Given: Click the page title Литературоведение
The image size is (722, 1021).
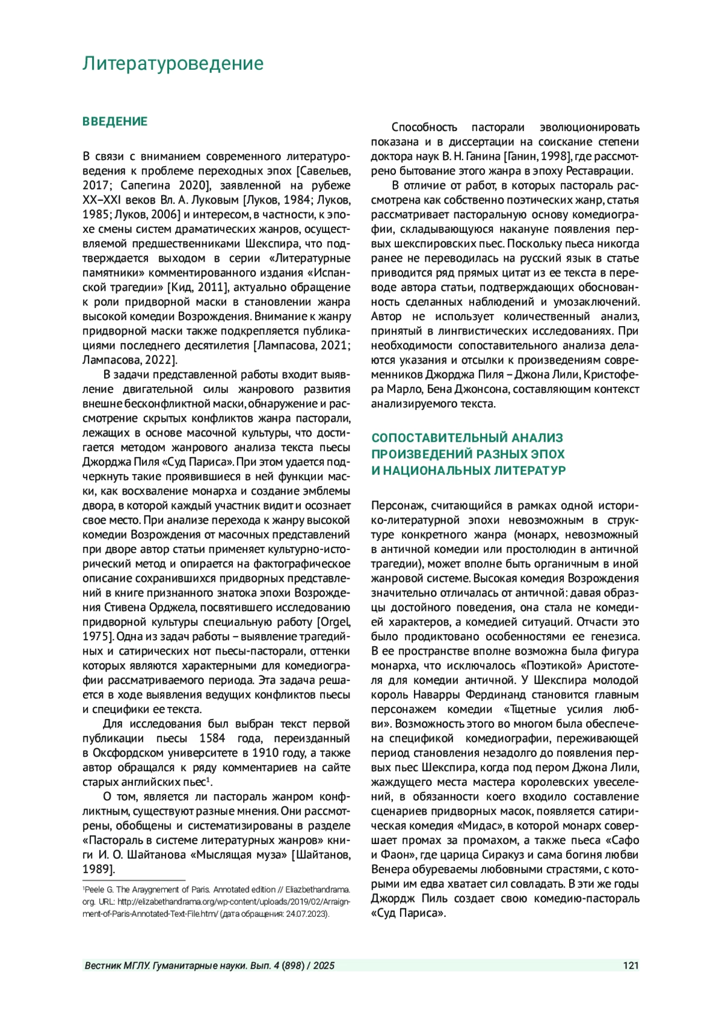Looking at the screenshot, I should (x=173, y=63).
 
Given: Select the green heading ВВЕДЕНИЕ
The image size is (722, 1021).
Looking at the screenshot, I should (x=115, y=122).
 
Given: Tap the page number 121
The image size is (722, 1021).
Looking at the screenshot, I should (x=631, y=966).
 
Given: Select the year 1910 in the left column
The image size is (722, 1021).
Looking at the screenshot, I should (x=265, y=753).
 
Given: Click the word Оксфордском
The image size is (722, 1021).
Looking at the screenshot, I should (x=129, y=753).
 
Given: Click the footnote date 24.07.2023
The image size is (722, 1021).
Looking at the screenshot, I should (x=307, y=913).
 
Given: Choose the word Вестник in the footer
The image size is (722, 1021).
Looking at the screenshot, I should (x=103, y=966).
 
